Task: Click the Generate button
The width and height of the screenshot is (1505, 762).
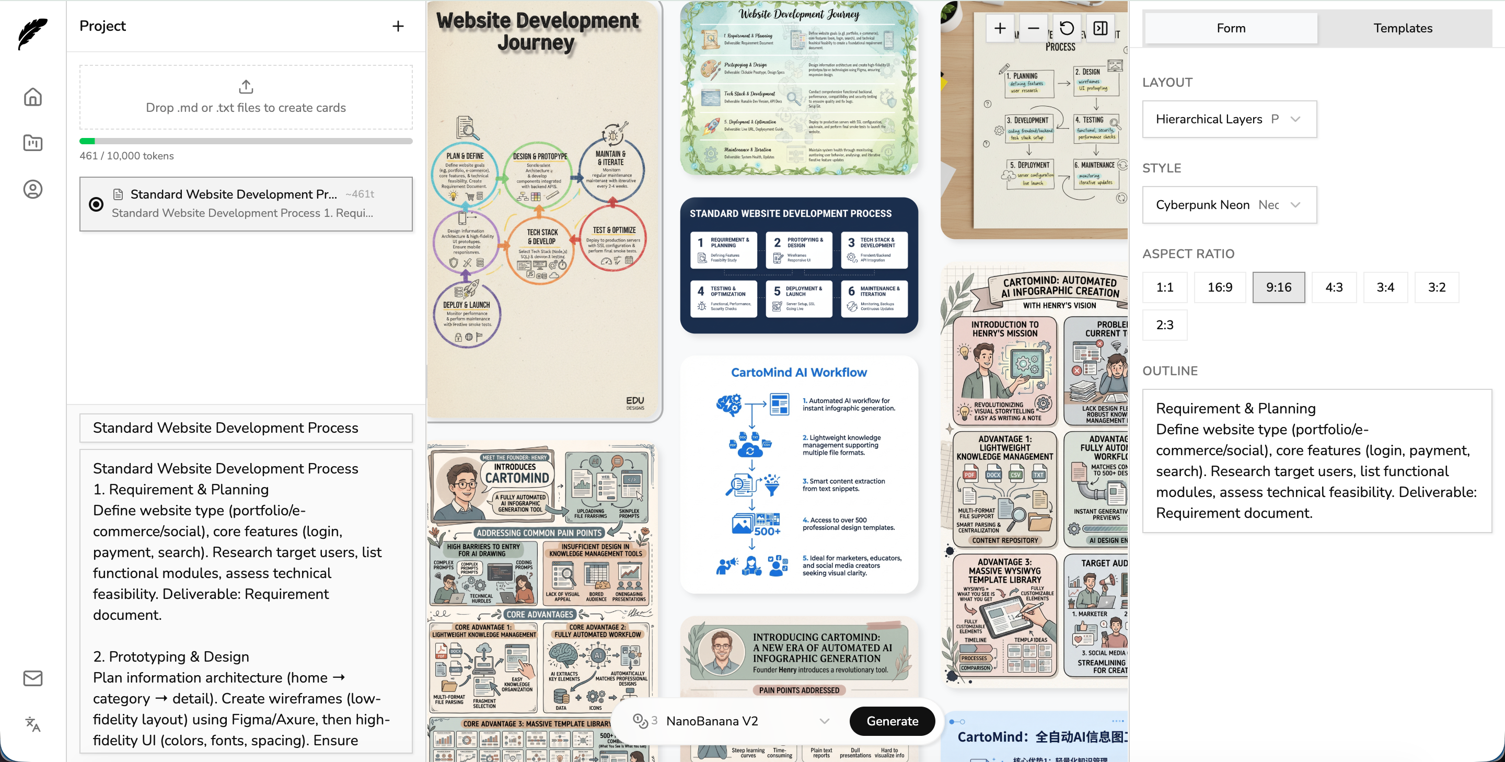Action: click(x=892, y=721)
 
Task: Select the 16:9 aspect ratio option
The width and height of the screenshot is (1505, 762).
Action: click(x=1219, y=287)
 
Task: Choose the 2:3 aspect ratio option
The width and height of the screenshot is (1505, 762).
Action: click(x=1164, y=325)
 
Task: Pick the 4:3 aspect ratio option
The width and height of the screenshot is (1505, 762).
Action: click(x=1333, y=287)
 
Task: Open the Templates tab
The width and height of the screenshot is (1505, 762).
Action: click(x=1402, y=28)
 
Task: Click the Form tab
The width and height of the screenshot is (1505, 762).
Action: click(x=1231, y=28)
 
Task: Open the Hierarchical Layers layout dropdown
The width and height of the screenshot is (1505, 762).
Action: click(x=1229, y=119)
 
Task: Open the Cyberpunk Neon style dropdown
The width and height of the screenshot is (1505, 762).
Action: click(x=1229, y=205)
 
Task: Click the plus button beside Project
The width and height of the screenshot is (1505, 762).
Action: click(x=398, y=26)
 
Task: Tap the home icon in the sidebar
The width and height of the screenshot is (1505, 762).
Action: click(x=33, y=97)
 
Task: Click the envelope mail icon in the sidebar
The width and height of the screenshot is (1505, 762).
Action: click(x=33, y=678)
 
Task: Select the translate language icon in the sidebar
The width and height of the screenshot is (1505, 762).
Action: click(x=33, y=724)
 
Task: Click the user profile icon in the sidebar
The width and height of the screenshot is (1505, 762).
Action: click(x=33, y=189)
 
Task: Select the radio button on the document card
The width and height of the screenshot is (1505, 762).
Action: click(x=96, y=204)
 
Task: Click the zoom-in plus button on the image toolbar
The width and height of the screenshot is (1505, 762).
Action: click(x=1000, y=29)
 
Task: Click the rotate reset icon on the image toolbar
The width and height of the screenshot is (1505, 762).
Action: click(x=1066, y=29)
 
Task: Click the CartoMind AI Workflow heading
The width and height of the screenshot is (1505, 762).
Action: click(x=798, y=373)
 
